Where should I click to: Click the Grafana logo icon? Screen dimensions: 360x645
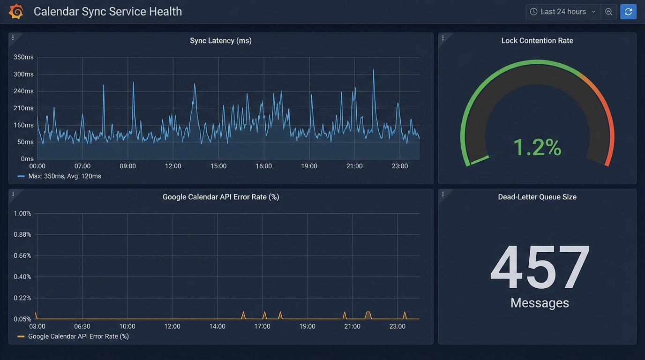[16, 11]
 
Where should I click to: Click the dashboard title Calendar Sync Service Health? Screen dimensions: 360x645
[108, 11]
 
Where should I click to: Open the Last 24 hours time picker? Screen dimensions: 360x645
[563, 12]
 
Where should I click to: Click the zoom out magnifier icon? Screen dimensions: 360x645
[608, 12]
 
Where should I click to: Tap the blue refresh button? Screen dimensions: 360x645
[628, 12]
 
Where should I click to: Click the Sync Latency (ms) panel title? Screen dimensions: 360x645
[221, 41]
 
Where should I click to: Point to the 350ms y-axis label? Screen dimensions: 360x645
[23, 57]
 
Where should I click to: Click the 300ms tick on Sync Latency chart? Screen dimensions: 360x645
[23, 74]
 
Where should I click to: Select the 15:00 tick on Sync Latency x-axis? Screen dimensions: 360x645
[218, 166]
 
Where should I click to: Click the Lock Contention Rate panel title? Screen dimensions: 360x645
[537, 41]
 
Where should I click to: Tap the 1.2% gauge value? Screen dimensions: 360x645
[537, 147]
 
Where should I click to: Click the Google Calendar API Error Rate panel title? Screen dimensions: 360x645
[221, 197]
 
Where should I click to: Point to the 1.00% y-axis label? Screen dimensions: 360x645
[22, 213]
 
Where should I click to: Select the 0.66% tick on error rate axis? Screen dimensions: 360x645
[22, 255]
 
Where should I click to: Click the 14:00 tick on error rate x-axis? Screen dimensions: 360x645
[217, 326]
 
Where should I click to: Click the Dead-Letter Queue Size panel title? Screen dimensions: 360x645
[537, 197]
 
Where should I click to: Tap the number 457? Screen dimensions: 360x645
[540, 268]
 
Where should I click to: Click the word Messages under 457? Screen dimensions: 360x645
[540, 303]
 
